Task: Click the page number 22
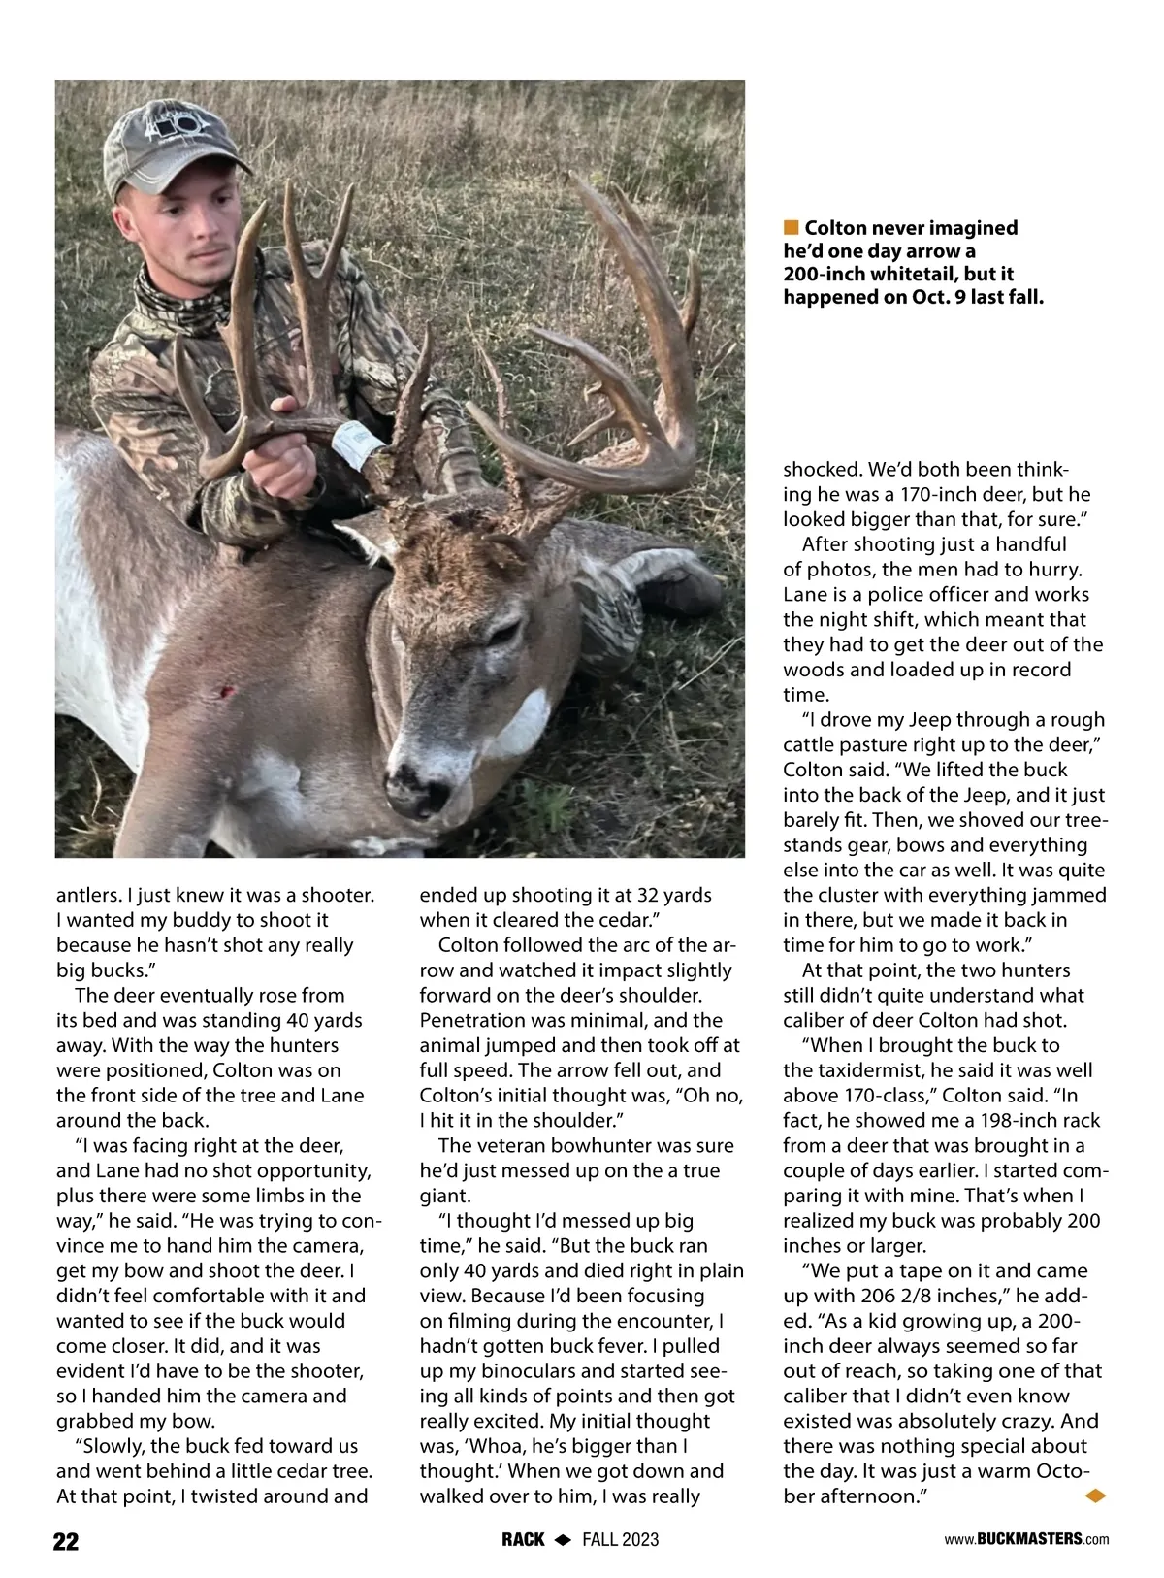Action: click(66, 1541)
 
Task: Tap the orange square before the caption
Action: click(792, 228)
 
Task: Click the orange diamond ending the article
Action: click(1095, 1496)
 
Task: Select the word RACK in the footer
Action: click(523, 1540)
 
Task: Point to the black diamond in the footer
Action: click(563, 1540)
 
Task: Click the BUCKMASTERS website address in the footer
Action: click(1026, 1539)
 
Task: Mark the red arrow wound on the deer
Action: click(228, 692)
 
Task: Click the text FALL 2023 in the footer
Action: click(621, 1540)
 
